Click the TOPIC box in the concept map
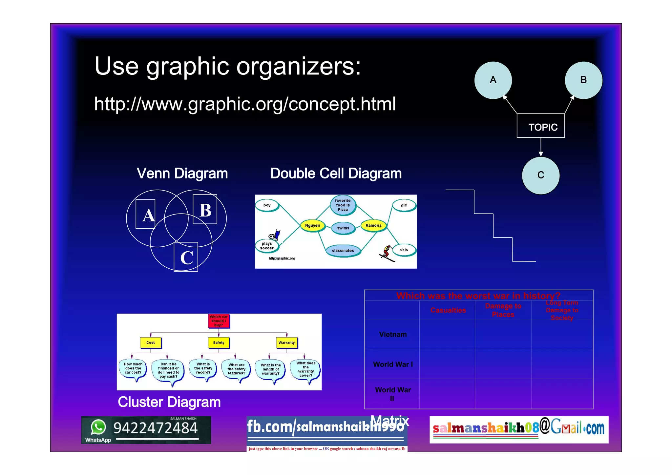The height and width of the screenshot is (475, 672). [541, 126]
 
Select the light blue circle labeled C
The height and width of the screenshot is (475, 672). [541, 175]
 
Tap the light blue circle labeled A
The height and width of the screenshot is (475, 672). [493, 80]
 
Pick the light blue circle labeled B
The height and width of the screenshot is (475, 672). [583, 80]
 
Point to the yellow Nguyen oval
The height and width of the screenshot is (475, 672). [312, 225]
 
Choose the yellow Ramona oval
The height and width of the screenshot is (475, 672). [373, 225]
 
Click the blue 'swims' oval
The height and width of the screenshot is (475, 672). [343, 228]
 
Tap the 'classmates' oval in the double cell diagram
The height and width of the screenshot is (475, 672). [343, 251]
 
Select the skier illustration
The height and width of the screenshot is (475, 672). [387, 253]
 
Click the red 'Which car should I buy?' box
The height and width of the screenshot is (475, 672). [219, 321]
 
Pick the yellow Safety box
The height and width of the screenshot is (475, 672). [219, 342]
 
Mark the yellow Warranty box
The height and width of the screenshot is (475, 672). [286, 342]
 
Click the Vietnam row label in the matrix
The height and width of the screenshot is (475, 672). [393, 334]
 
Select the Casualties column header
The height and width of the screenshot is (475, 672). [448, 310]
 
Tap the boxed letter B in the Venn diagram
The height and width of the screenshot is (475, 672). [205, 210]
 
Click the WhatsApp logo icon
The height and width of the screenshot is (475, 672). [98, 427]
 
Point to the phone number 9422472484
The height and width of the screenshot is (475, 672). [156, 428]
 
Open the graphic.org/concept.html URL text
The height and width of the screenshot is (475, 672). [245, 104]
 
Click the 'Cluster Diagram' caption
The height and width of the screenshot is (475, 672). [169, 402]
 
